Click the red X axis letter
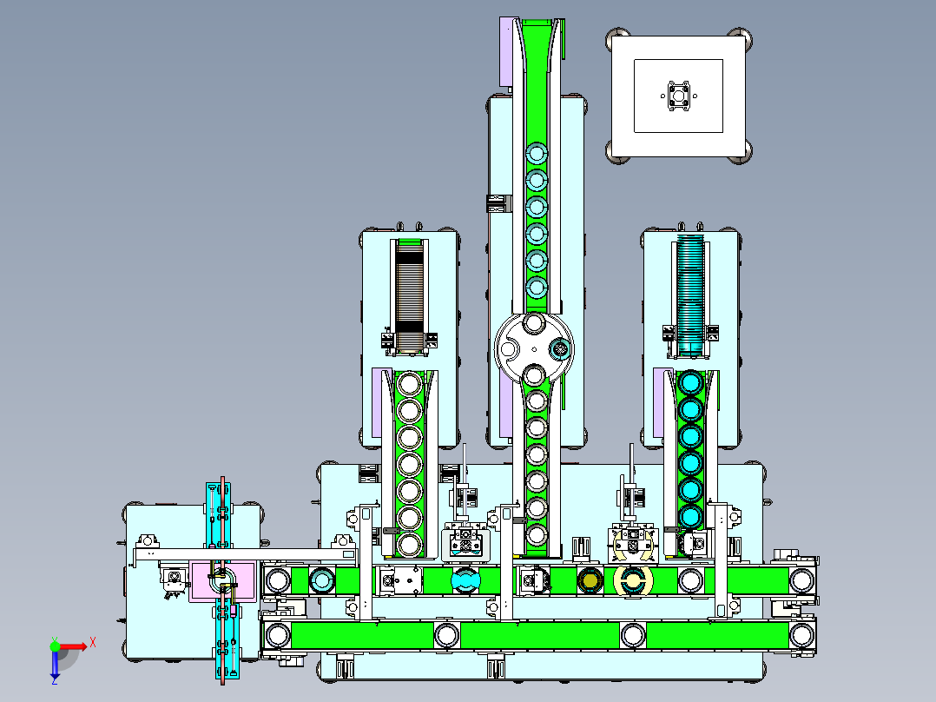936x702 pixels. (93, 643)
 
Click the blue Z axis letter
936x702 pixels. (55, 680)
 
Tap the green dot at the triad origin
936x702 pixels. (55, 646)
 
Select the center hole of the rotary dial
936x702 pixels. (534, 349)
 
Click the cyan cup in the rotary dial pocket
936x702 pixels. (560, 348)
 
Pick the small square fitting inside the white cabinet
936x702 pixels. (679, 96)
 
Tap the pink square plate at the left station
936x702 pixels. (222, 580)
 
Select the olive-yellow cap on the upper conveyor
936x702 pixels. (590, 580)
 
